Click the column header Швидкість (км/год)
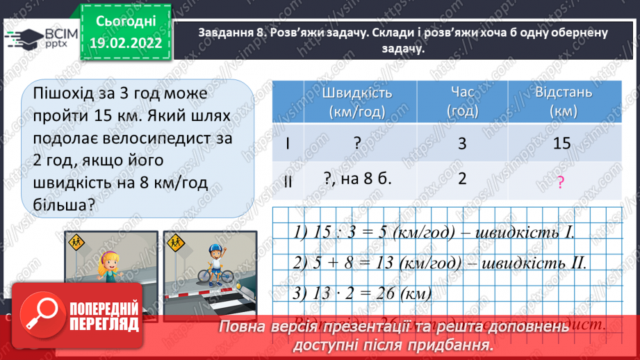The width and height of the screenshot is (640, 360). [x=357, y=101]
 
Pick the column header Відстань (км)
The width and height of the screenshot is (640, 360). [x=564, y=101]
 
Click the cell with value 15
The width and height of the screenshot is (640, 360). [x=564, y=143]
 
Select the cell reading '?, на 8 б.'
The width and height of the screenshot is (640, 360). [x=358, y=178]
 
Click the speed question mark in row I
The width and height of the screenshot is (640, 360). [x=356, y=143]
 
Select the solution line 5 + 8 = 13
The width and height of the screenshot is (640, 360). [x=438, y=263]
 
